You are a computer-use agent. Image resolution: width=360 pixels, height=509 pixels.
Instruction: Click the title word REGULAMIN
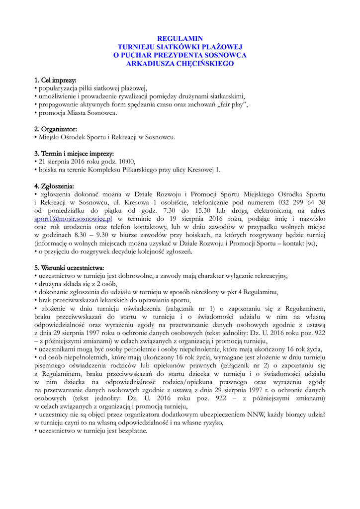point(180,38)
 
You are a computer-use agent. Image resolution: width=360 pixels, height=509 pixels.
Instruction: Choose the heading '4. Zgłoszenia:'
point(54,186)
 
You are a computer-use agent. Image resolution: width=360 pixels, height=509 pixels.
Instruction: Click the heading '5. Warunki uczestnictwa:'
point(69,268)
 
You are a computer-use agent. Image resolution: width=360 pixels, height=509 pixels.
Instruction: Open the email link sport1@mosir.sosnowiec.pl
point(73,219)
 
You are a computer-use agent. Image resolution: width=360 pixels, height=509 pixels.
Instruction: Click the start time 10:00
point(125,161)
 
